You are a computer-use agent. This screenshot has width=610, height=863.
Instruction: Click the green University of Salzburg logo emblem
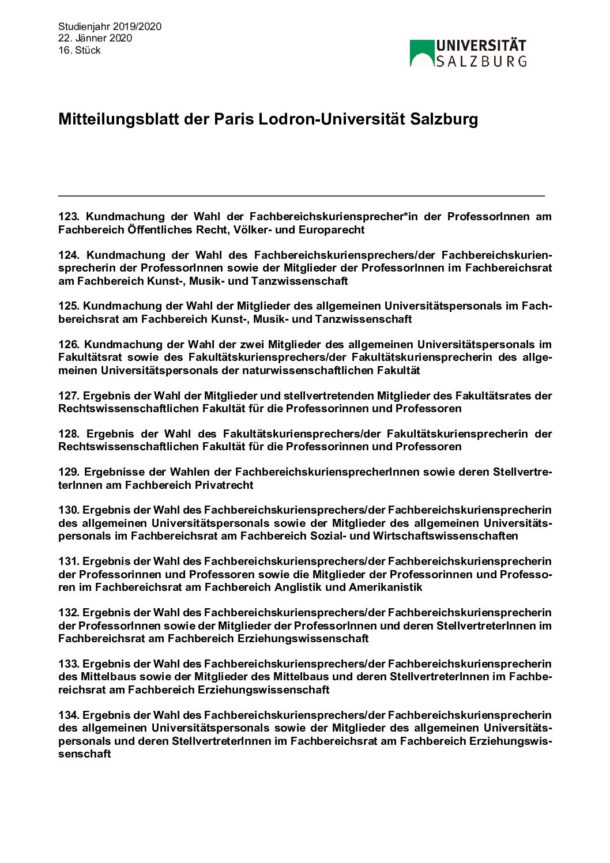[x=421, y=53]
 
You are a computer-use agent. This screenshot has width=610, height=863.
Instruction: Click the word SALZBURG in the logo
[x=481, y=61]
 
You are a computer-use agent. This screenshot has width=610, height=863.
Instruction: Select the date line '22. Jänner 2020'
[x=95, y=38]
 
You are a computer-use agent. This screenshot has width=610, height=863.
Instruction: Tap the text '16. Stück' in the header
[x=80, y=50]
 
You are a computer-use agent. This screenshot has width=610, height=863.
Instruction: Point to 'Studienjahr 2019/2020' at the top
[x=110, y=27]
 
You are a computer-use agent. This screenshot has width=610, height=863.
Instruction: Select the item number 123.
[x=68, y=217]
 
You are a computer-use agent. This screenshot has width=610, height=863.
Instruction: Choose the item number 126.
[x=68, y=345]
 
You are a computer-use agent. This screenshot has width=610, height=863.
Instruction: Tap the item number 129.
[x=68, y=473]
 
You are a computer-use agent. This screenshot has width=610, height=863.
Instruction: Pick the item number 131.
[x=68, y=561]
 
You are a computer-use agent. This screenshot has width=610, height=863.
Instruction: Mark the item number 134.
[x=68, y=715]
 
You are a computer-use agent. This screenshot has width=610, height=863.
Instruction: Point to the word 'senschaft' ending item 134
[x=84, y=754]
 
